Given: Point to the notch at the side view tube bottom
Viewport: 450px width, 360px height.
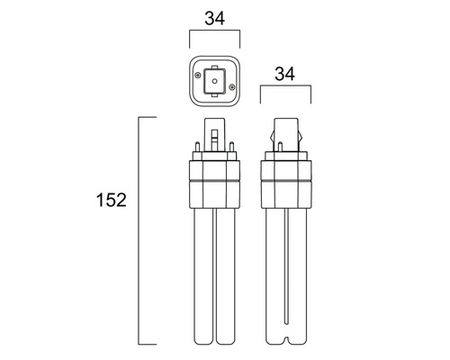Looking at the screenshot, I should point(286,339).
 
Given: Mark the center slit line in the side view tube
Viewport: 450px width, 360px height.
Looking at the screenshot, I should point(286,270).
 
